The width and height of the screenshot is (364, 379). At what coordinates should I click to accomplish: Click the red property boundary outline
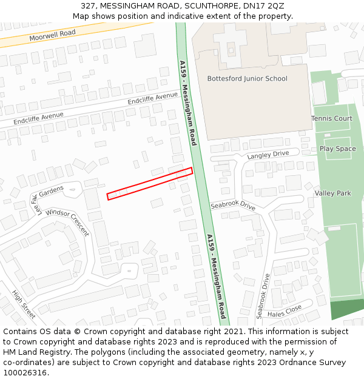point(150,183)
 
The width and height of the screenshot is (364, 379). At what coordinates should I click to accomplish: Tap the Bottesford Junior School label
point(247,79)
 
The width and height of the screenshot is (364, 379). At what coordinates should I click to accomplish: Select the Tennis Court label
point(331,118)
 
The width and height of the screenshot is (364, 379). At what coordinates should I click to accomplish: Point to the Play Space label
point(337,149)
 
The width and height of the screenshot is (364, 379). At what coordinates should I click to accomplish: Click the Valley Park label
point(332,193)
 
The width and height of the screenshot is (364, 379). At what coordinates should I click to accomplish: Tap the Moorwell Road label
point(52,36)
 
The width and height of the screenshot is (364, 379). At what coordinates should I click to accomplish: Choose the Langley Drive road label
point(268,155)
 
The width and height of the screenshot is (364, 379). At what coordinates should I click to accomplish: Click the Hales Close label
point(284,310)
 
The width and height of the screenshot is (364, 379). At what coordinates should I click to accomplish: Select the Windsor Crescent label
point(67,222)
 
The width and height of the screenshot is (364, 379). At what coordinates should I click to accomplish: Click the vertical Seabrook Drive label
point(262,296)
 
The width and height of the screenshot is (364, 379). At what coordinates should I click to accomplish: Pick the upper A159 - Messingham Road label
point(188,102)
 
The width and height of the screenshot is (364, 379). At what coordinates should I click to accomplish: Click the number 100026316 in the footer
point(25,372)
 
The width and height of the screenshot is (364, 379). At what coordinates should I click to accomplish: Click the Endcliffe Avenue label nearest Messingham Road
point(153,99)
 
